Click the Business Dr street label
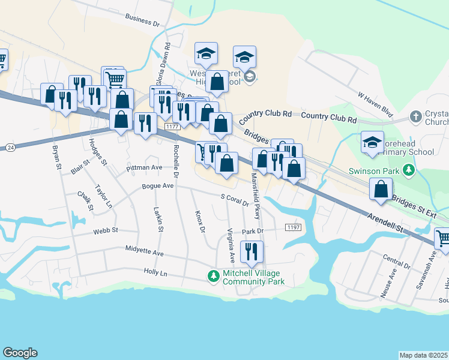(142, 21)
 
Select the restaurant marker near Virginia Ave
(252, 251)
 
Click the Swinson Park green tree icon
(409, 170)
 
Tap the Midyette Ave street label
(144, 251)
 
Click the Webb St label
(106, 230)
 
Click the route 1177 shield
(173, 127)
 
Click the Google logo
(20, 353)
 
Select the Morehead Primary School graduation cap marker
(372, 142)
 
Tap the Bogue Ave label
(157, 187)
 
